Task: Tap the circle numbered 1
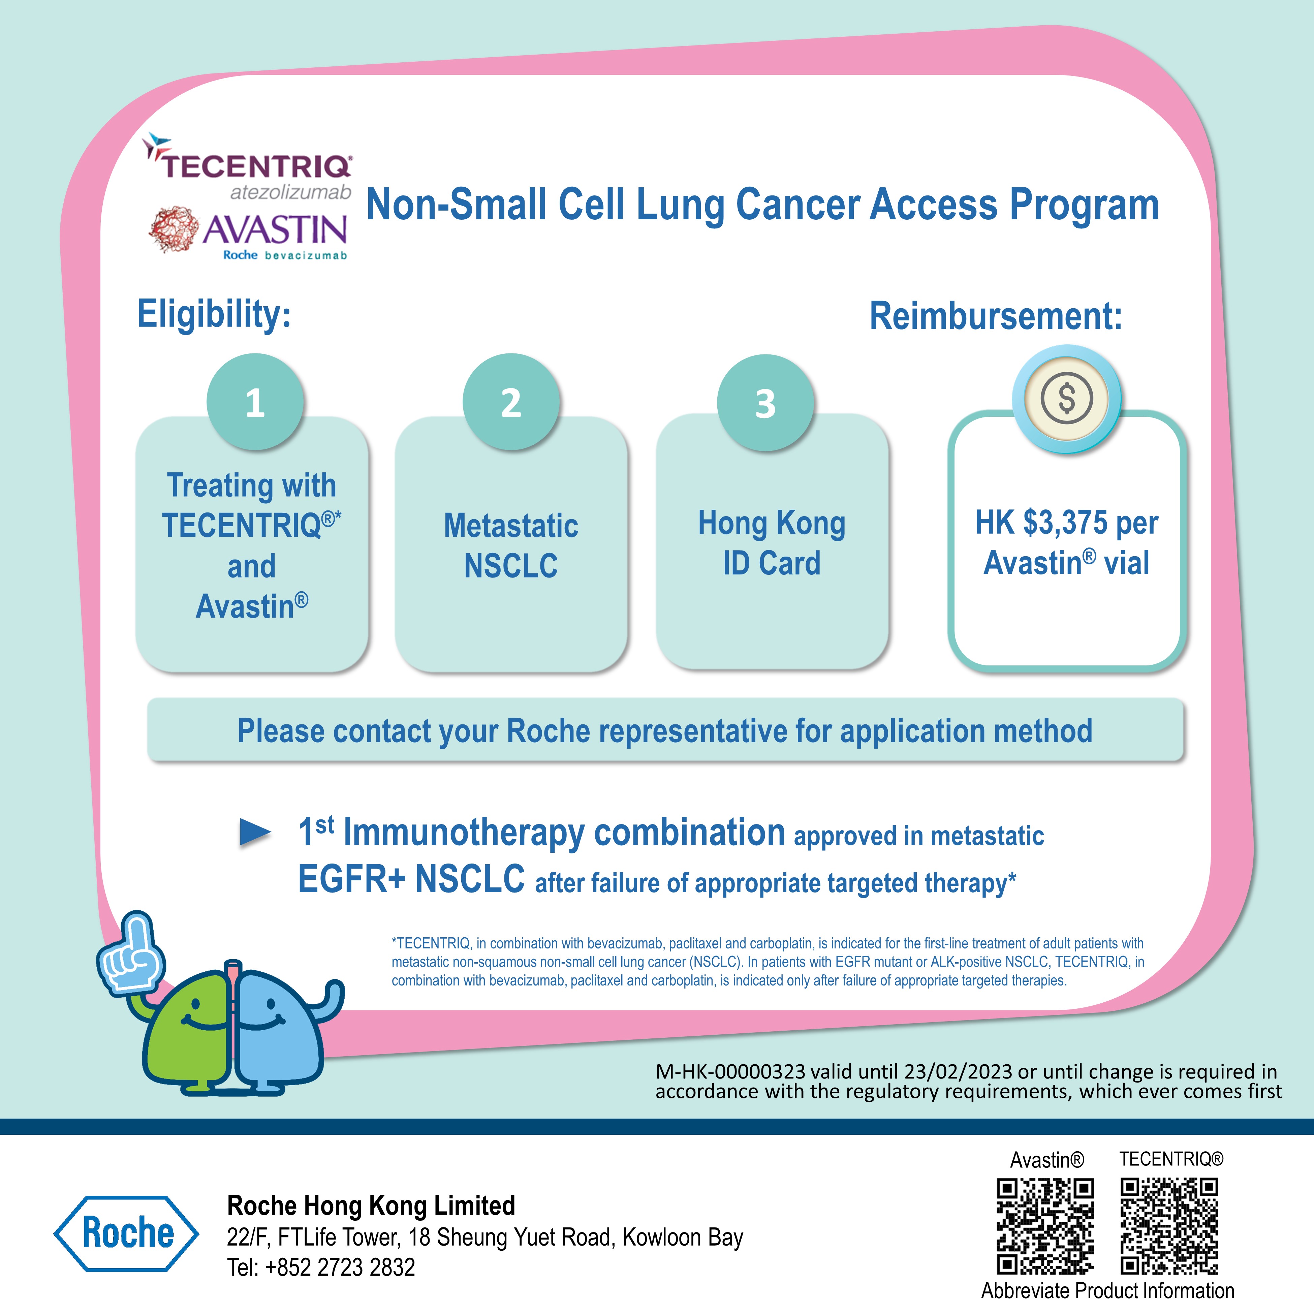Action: [x=255, y=402]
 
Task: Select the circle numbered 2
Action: [x=511, y=402]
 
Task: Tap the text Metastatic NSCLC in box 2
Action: [x=511, y=545]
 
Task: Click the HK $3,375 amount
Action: [x=1042, y=522]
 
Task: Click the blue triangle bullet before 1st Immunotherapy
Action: [x=255, y=833]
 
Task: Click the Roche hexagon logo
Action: [x=126, y=1233]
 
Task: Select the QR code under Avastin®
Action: [x=1045, y=1226]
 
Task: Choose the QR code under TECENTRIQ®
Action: [x=1169, y=1226]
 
